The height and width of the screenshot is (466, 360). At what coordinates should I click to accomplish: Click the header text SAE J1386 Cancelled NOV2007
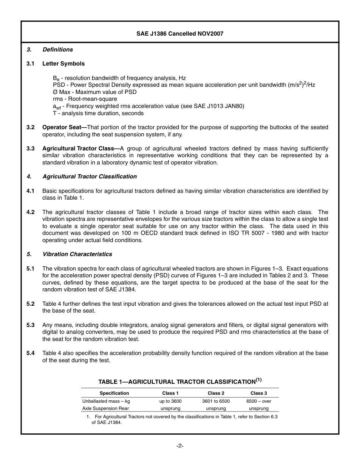click(180, 34)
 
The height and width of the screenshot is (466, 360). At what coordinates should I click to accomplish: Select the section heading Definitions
click(58, 50)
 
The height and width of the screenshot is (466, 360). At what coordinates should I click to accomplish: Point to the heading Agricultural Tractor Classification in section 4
click(89, 177)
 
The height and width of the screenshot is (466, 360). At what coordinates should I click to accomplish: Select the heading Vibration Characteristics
click(77, 254)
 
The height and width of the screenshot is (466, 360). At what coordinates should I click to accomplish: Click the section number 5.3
click(31, 325)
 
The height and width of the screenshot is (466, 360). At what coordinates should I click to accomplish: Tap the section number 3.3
click(31, 149)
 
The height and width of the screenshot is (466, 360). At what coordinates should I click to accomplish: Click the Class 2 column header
click(216, 393)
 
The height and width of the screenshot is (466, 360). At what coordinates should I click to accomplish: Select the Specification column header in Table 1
click(114, 393)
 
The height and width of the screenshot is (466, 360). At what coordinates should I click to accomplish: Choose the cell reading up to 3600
click(170, 401)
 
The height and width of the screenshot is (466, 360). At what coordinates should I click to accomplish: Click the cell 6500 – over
click(258, 401)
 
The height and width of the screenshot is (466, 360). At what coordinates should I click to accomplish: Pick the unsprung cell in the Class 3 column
click(258, 408)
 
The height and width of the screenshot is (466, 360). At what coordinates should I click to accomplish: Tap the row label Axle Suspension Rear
click(105, 408)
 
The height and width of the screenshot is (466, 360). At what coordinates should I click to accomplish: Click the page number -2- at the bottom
click(180, 446)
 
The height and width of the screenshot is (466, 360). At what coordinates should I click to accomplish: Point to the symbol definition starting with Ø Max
click(95, 92)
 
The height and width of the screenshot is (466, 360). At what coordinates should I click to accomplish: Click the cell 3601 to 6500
click(216, 401)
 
